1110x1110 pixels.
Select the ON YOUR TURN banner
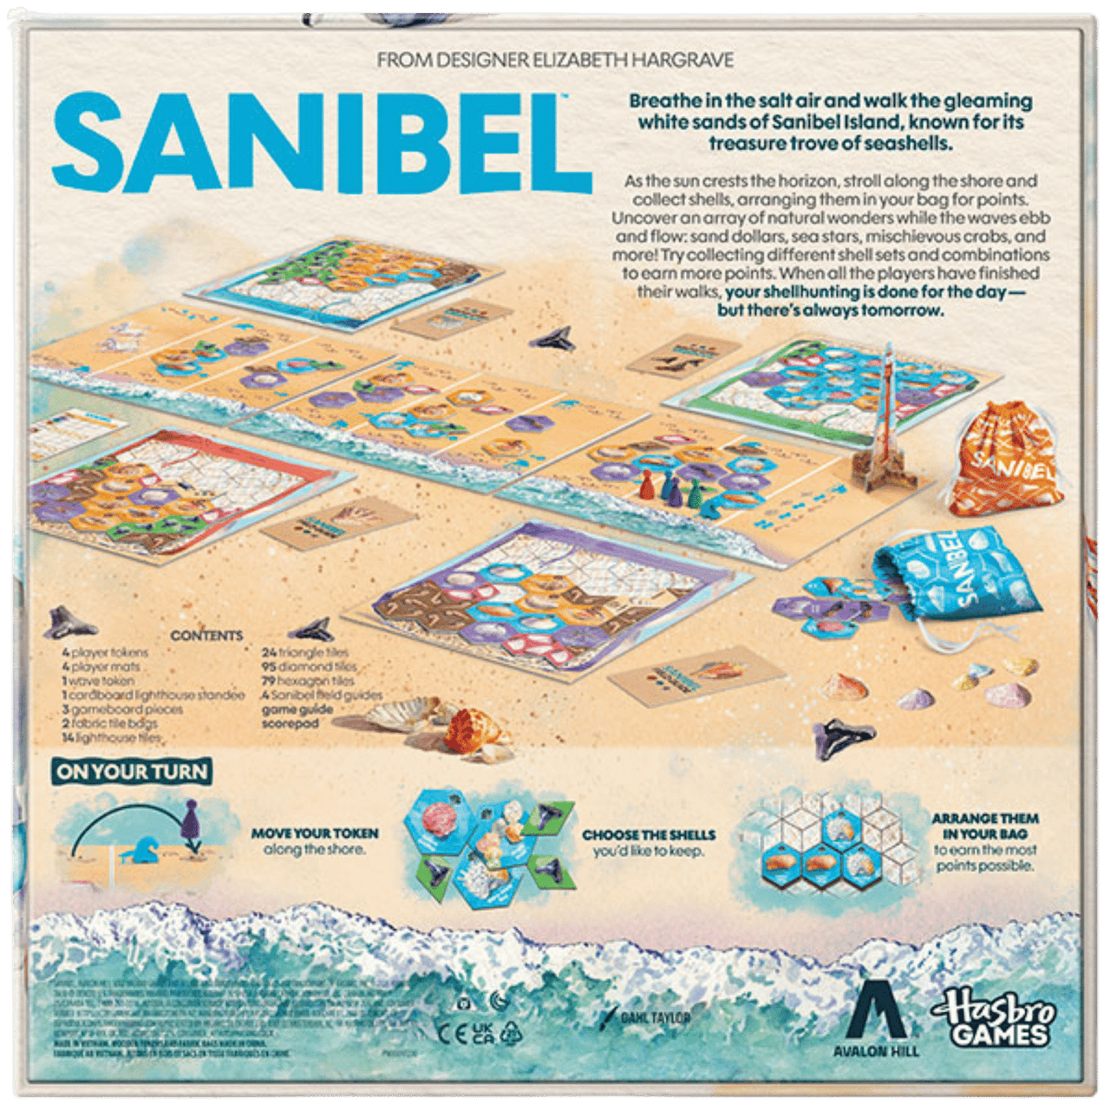[132, 772]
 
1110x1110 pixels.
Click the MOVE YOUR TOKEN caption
[315, 833]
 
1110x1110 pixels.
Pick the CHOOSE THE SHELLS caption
[649, 835]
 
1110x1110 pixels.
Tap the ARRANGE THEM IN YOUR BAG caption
[985, 826]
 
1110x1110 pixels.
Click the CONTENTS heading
[206, 636]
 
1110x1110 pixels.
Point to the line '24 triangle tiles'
[305, 652]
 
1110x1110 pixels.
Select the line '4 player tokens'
[105, 652]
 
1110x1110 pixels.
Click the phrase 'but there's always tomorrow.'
[830, 310]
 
